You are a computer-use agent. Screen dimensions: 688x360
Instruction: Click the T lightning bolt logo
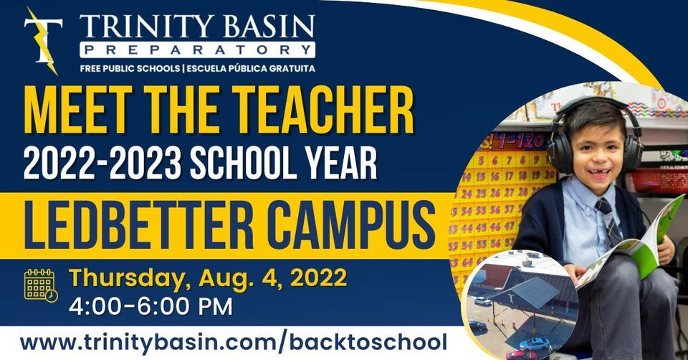point(42,41)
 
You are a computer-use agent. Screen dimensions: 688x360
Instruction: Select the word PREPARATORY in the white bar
point(197,50)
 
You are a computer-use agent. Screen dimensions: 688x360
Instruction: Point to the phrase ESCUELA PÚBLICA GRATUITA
point(249,69)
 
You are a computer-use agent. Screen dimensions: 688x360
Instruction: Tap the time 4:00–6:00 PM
point(150,307)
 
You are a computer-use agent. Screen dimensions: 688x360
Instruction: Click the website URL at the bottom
point(233,342)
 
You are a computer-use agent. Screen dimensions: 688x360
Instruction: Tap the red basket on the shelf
point(657,179)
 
